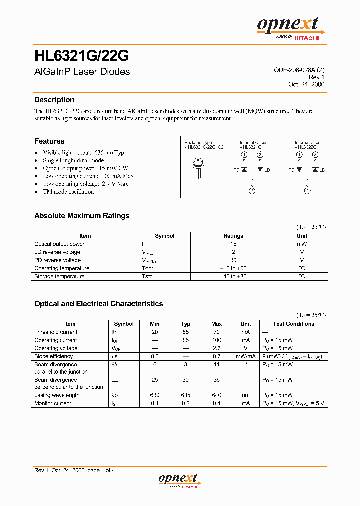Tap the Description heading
click(x=54, y=100)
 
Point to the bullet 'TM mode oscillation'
click(x=68, y=192)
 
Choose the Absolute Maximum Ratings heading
click(x=81, y=216)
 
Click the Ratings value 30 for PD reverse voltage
click(x=233, y=260)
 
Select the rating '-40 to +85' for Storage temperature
click(x=233, y=276)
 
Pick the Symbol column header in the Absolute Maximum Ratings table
click(x=164, y=236)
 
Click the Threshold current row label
click(x=56, y=332)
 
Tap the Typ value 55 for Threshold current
click(x=186, y=332)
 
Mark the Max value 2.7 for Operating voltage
click(x=217, y=348)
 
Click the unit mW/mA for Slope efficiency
click(x=245, y=356)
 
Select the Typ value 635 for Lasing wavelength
click(x=186, y=395)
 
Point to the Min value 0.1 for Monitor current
click(x=155, y=403)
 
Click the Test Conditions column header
click(x=293, y=324)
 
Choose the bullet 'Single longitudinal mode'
click(x=73, y=160)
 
